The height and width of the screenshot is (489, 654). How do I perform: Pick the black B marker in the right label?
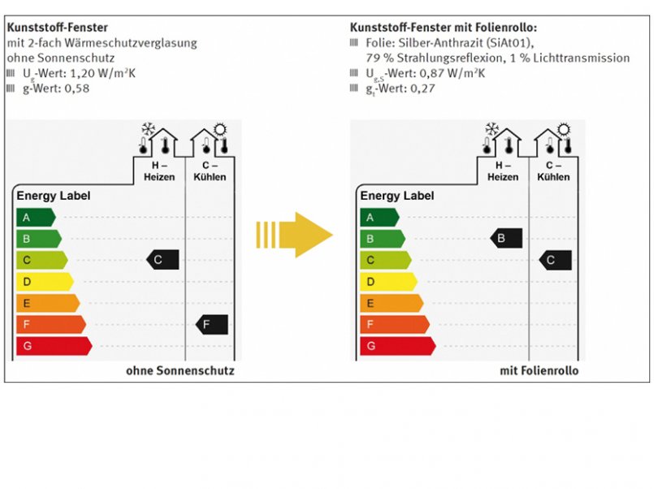(x=506, y=238)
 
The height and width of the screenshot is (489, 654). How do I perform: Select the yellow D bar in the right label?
(x=387, y=282)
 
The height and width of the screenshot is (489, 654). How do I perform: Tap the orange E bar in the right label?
(x=390, y=303)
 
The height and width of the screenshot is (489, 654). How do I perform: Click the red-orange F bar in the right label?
(x=393, y=324)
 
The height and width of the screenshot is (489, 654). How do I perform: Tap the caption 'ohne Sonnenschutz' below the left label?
(x=180, y=371)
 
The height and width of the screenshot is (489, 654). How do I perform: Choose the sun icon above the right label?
(x=562, y=128)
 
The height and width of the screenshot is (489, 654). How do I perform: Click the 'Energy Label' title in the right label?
(x=397, y=196)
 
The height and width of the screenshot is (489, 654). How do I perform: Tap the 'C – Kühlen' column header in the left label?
(x=210, y=171)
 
